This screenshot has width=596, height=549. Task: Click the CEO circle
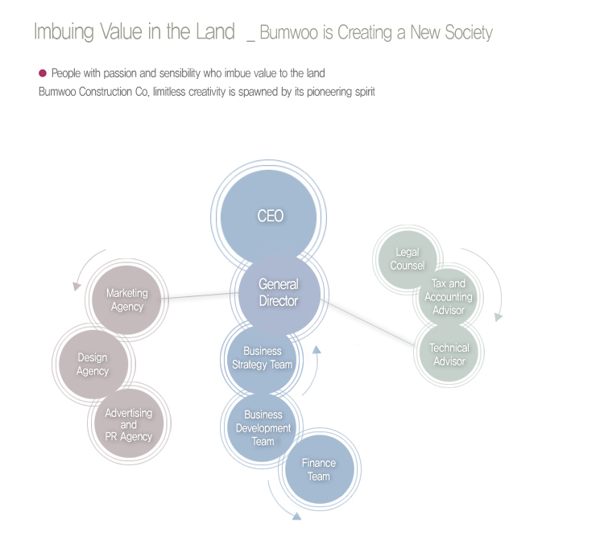(270, 216)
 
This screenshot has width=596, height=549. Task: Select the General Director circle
(278, 292)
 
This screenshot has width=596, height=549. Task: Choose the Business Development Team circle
(263, 428)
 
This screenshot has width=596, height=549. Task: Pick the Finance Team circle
(319, 469)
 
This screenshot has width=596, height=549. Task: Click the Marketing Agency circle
(126, 299)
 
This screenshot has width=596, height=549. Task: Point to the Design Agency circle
(93, 364)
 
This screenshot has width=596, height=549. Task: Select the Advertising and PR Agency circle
(128, 424)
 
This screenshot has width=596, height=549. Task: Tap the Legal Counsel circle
(408, 258)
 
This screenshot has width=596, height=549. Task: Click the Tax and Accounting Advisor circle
(449, 297)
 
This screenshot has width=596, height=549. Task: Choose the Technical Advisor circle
(449, 354)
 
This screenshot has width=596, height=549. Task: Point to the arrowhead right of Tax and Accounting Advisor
(499, 317)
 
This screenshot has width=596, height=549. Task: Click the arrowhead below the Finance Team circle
(296, 515)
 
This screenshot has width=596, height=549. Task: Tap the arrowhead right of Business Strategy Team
(317, 350)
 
